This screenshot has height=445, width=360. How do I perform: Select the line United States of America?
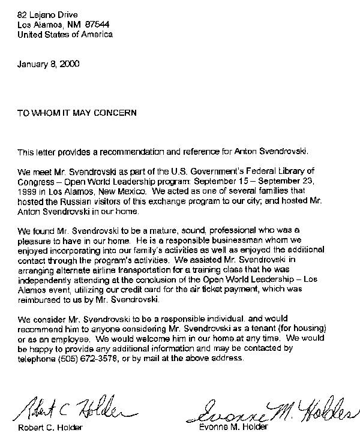coord(65,34)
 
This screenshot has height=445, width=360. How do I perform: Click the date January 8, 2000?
coord(48,63)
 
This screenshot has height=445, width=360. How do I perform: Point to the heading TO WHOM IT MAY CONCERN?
coord(77,112)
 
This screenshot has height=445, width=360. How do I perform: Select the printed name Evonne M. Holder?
coord(234,428)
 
